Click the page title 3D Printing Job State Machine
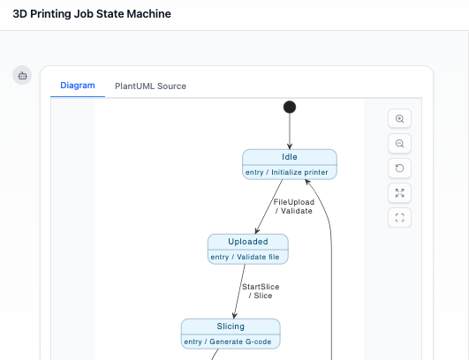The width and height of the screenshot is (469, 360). click(x=92, y=14)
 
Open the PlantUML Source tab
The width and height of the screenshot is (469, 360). click(x=150, y=86)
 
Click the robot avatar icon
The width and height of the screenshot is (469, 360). click(x=22, y=76)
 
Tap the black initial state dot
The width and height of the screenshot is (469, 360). click(x=290, y=107)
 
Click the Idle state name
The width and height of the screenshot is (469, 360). click(x=290, y=156)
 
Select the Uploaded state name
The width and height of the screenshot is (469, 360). click(x=248, y=241)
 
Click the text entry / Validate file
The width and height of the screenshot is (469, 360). click(x=248, y=257)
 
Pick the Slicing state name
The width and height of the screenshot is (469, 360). click(x=231, y=326)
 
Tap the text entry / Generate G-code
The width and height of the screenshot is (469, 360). click(x=231, y=341)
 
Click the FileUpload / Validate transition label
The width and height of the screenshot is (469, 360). click(x=293, y=206)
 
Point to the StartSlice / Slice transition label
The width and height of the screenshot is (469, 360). click(x=258, y=291)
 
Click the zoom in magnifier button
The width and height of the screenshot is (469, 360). click(x=400, y=118)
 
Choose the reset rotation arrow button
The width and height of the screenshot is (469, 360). click(x=400, y=168)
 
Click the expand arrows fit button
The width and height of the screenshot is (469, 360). click(x=400, y=192)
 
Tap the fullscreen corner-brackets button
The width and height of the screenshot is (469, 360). click(x=400, y=217)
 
